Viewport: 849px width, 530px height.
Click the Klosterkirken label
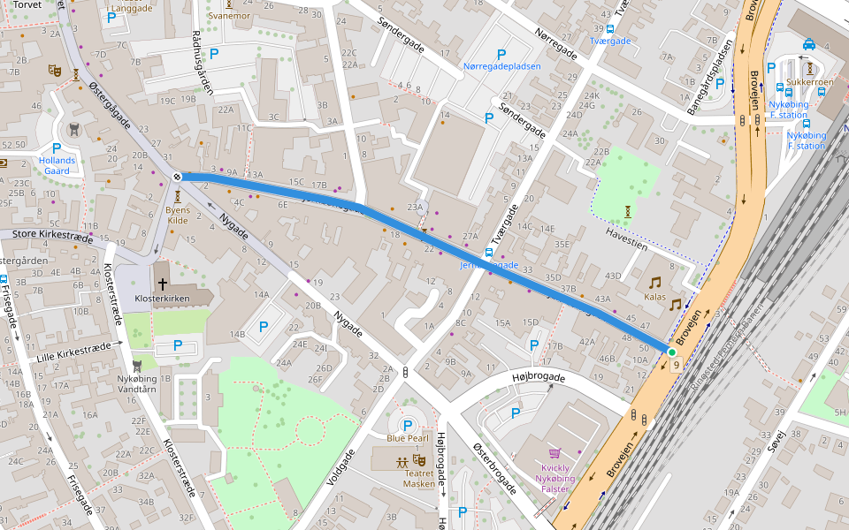[162, 299]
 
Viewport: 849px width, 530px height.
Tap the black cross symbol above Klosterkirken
[162, 284]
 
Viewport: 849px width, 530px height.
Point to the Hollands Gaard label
[57, 165]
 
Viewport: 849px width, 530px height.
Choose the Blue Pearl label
[408, 439]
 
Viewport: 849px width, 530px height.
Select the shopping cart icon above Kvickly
[555, 452]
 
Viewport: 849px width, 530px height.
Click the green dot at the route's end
[671, 352]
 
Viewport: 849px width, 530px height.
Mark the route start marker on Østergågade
[178, 177]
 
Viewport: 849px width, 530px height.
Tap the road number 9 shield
[677, 365]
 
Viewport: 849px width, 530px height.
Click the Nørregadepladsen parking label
[501, 66]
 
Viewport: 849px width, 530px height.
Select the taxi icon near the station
[809, 43]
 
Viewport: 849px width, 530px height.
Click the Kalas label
[654, 297]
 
